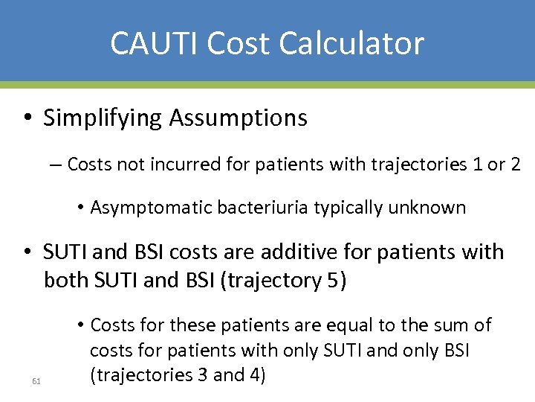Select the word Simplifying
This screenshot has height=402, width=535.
coord(102,118)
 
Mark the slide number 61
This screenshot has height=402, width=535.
coord(36,382)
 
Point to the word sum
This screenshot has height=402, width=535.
coord(448,325)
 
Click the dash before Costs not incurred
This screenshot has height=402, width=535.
coord(57,165)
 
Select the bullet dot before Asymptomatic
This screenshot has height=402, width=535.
coord(80,208)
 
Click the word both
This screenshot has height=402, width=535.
coord(65,281)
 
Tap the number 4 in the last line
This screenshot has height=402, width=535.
coord(255,375)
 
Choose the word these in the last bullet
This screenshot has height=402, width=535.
coord(194,325)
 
